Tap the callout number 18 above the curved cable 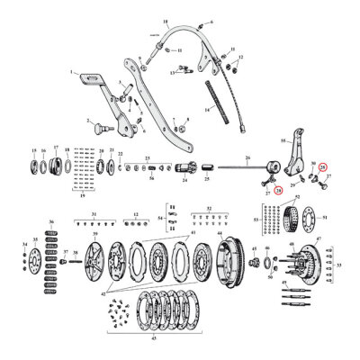165,19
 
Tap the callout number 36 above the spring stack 50,220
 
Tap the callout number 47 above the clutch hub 318,240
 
